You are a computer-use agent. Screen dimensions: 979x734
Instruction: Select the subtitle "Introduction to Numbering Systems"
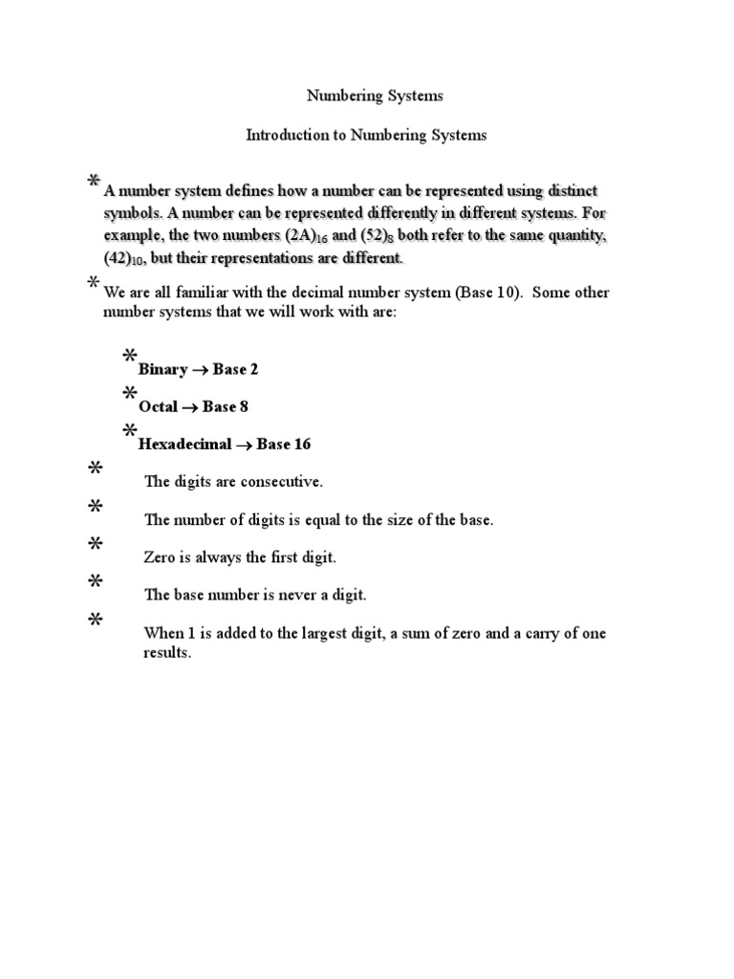(x=366, y=136)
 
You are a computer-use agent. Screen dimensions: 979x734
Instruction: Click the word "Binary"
(x=162, y=369)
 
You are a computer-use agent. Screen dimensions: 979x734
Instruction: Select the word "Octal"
(x=158, y=406)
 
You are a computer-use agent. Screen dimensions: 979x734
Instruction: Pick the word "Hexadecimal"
(x=184, y=444)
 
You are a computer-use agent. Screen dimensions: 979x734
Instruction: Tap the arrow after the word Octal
(x=189, y=406)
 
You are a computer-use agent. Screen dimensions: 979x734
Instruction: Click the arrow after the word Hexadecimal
(x=243, y=444)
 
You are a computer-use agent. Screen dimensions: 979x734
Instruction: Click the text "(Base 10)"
(x=487, y=293)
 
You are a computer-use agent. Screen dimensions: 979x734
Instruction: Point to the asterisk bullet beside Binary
(x=129, y=357)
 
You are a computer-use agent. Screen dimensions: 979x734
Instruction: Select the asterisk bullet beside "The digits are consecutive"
(x=95, y=468)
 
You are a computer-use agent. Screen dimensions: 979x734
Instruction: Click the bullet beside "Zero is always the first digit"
(x=95, y=544)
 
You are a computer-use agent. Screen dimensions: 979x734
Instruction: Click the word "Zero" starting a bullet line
(x=160, y=556)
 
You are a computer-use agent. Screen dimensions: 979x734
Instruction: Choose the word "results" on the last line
(x=167, y=655)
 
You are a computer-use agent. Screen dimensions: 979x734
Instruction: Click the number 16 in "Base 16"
(x=301, y=444)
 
